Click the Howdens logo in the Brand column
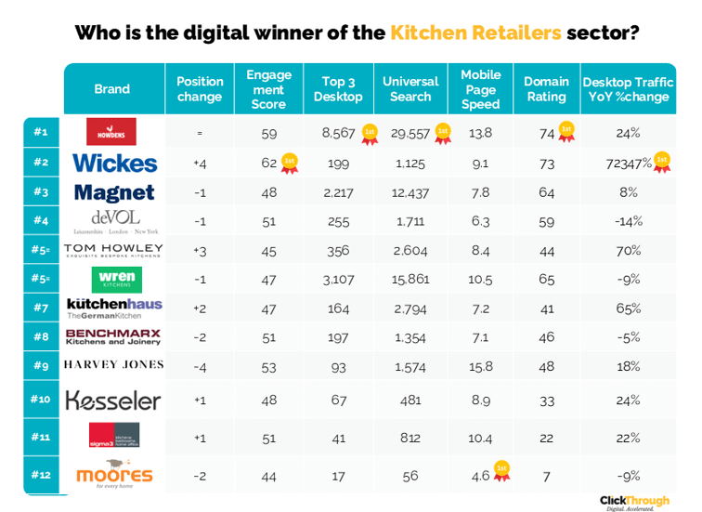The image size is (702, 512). [111, 132]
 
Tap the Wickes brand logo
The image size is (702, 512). [114, 164]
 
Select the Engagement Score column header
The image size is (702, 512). [268, 89]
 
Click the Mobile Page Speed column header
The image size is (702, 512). [480, 89]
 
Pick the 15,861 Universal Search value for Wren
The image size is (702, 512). [409, 278]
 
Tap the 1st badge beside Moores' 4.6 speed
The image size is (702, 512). [502, 470]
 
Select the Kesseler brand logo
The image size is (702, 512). [113, 400]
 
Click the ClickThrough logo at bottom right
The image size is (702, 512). [634, 501]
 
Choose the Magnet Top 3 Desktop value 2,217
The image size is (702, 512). [338, 192]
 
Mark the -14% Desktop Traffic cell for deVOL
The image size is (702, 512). [628, 221]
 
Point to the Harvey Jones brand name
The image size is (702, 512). [113, 364]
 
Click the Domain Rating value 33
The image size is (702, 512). [546, 400]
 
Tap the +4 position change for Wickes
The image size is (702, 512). [200, 164]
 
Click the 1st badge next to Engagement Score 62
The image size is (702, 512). [289, 162]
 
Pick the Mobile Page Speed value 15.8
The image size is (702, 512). [480, 366]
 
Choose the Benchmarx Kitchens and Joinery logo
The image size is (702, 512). [113, 336]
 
